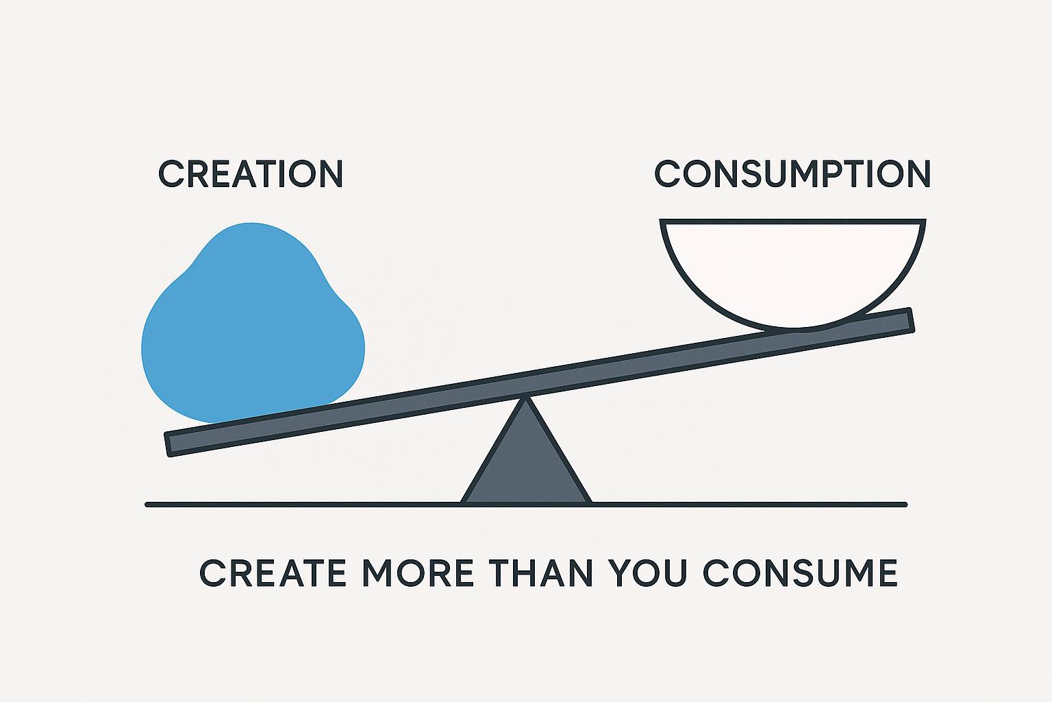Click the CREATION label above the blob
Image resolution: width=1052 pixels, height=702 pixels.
[251, 173]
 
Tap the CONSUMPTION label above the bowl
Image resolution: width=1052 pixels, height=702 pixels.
[792, 173]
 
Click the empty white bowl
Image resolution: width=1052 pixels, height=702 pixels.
[792, 273]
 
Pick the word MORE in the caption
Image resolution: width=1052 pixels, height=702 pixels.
[418, 572]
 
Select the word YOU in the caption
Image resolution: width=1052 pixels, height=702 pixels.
[648, 572]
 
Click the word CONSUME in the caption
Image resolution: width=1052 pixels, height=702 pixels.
[800, 572]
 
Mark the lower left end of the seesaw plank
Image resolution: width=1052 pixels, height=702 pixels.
[167, 444]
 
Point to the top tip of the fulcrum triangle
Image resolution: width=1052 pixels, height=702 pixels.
[526, 398]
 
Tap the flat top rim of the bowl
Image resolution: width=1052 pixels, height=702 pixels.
[792, 221]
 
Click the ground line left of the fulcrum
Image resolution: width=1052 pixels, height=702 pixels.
[303, 505]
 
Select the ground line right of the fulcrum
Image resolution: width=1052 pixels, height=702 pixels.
[749, 505]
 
